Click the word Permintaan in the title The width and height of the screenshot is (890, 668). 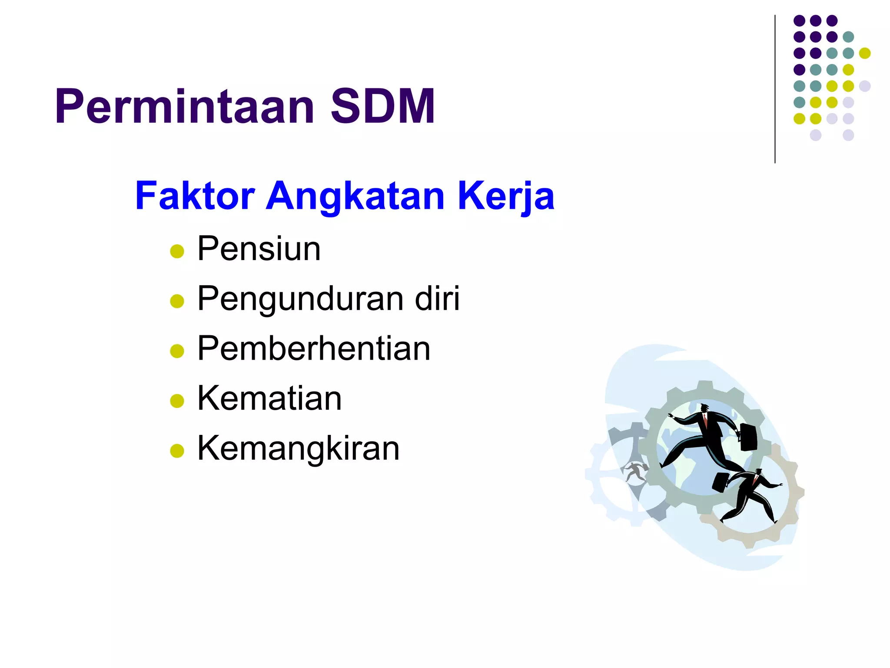[x=184, y=107]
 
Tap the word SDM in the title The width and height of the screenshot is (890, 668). [x=382, y=107]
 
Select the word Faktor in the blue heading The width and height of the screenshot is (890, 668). [x=195, y=196]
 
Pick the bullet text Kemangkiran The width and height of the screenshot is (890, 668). [x=298, y=448]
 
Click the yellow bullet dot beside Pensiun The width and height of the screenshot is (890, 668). [x=177, y=251]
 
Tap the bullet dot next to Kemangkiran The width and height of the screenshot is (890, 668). [x=177, y=451]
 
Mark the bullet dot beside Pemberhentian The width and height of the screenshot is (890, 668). [x=177, y=351]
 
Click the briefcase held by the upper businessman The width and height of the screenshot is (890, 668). [x=748, y=437]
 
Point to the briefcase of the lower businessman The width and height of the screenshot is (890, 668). [x=721, y=482]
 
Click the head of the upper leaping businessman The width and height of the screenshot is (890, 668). [x=704, y=408]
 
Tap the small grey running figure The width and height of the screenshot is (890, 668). [x=635, y=471]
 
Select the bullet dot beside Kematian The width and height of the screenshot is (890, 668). [x=177, y=401]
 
